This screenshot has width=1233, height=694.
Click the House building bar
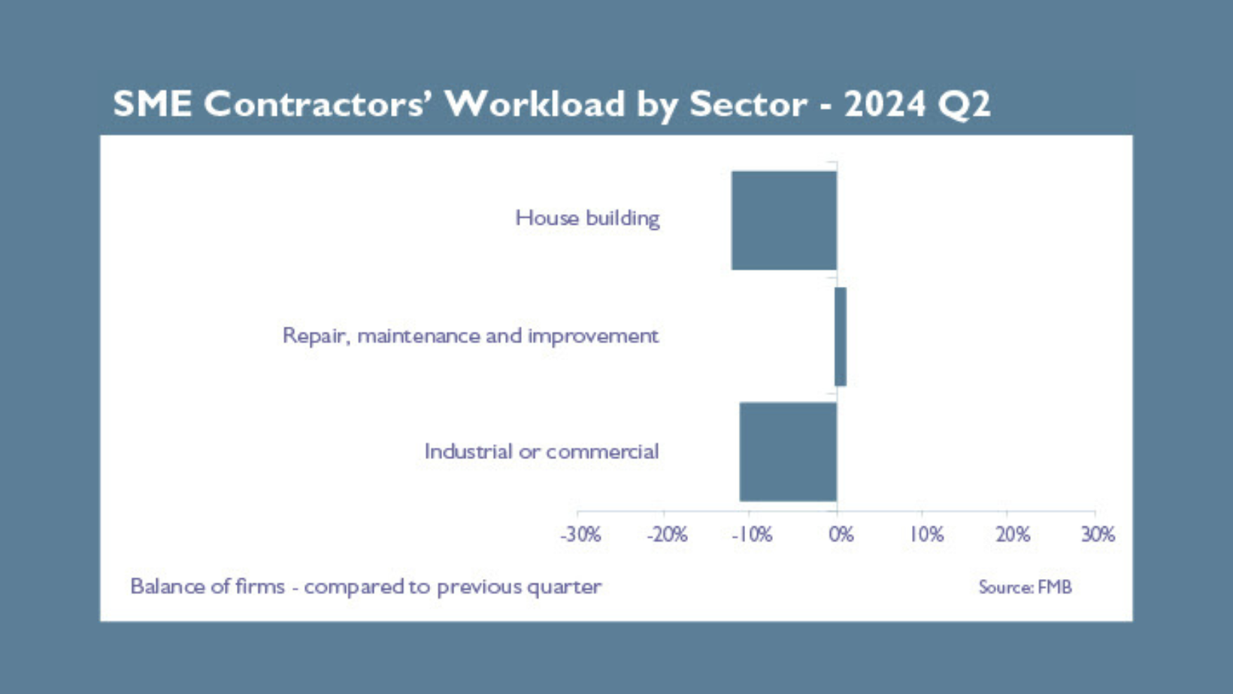pos(784,221)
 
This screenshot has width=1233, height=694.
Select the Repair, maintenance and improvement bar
pos(841,336)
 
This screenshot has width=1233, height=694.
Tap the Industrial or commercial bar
pos(788,451)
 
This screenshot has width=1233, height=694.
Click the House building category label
pos(587,219)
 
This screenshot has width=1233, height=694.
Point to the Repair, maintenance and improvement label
pos(471,336)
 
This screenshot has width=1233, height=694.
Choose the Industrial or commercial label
pos(541,451)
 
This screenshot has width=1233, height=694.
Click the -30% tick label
pos(580,535)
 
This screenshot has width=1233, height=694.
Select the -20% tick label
pos(667,535)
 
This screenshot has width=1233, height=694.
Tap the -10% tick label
pos(752,535)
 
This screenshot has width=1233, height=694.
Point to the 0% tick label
pos(841,535)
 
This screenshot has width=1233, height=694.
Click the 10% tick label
pos(927,535)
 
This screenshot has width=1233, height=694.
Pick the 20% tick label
pos(1013,535)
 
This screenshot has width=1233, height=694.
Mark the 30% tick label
pos(1098,535)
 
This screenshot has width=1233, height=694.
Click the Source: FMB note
pos(1025,587)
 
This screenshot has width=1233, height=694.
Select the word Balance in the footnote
pos(168,586)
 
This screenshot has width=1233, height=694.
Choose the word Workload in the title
pos(535,104)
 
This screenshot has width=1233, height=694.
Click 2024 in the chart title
pos(885,104)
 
